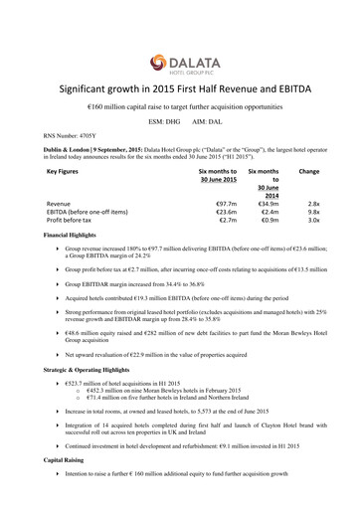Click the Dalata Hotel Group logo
pyautogui.click(x=180, y=40)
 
